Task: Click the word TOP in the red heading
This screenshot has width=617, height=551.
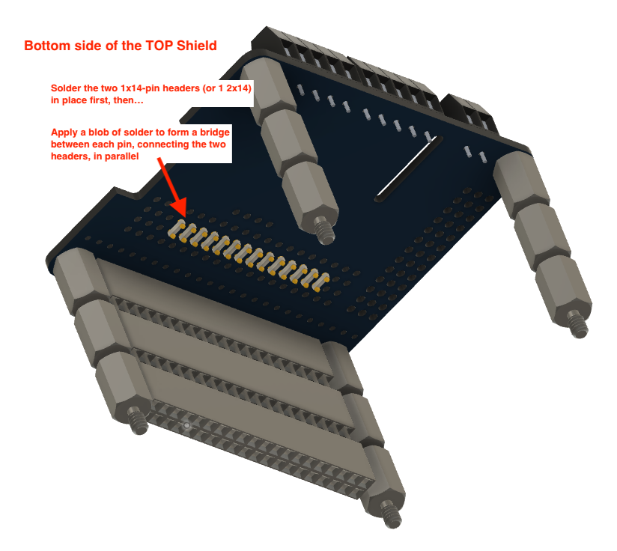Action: pyautogui.click(x=159, y=46)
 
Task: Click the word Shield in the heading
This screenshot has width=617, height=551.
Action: pyautogui.click(x=197, y=46)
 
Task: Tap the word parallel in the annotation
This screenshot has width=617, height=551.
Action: pyautogui.click(x=121, y=156)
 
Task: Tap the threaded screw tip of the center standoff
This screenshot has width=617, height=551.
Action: pyautogui.click(x=325, y=232)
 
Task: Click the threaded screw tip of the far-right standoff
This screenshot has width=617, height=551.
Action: pyautogui.click(x=578, y=326)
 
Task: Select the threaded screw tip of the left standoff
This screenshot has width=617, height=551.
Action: pyautogui.click(x=137, y=421)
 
